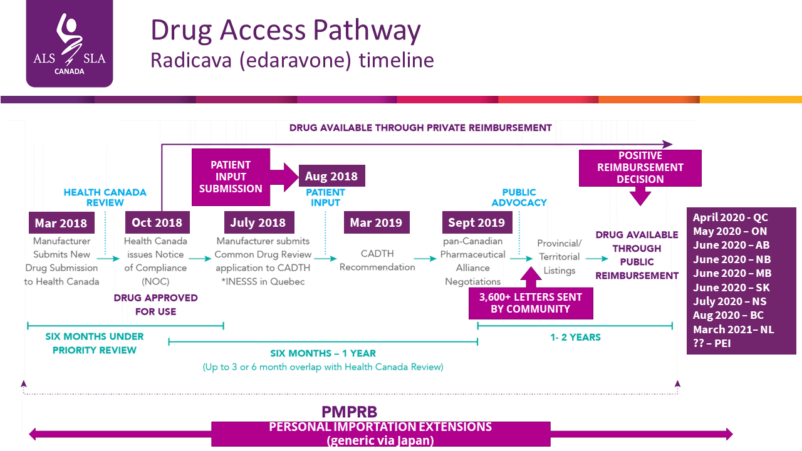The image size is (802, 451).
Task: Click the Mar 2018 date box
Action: (61, 222)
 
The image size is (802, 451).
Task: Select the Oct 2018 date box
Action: (157, 222)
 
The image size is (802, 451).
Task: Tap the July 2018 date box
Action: (258, 222)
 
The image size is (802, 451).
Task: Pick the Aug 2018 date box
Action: (331, 176)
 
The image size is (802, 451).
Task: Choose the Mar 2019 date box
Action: (377, 222)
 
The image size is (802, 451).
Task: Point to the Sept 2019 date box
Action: (476, 222)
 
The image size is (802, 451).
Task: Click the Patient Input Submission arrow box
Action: (231, 177)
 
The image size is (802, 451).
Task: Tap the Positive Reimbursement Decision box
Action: (640, 168)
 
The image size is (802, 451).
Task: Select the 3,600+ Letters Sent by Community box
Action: (531, 303)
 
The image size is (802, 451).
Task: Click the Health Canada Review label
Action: (105, 197)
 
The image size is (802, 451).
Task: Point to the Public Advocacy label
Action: (519, 197)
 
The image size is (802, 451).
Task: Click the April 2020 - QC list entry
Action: (730, 218)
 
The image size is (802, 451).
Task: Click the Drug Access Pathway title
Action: (285, 30)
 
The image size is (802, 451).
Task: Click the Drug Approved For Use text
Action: (155, 304)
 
